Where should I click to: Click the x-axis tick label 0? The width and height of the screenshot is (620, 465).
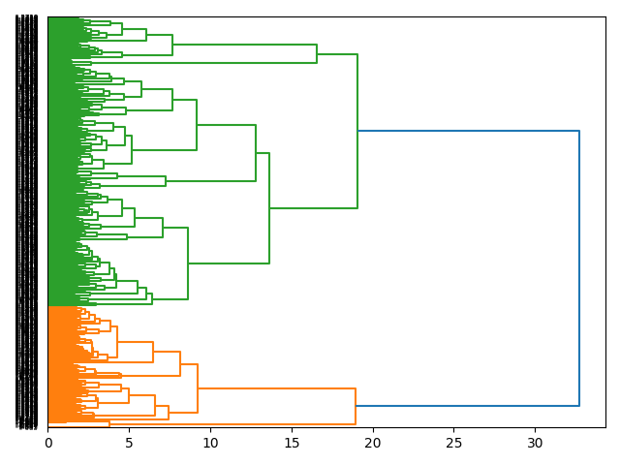[48, 443]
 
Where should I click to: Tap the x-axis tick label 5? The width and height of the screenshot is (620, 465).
[129, 443]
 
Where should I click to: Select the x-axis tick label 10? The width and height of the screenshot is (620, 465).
[210, 443]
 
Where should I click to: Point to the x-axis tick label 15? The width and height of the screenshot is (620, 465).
[292, 443]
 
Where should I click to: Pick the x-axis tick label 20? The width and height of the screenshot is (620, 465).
[373, 443]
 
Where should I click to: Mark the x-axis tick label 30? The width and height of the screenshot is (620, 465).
[535, 443]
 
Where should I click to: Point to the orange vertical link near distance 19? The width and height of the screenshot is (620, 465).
[356, 406]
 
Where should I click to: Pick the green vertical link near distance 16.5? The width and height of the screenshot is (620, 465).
[317, 54]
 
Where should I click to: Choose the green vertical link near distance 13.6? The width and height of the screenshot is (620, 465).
[269, 208]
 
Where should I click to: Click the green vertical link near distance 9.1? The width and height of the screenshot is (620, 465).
[197, 125]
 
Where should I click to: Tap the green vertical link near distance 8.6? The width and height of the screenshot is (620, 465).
[188, 263]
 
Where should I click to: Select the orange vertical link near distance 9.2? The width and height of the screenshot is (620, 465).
[198, 388]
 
